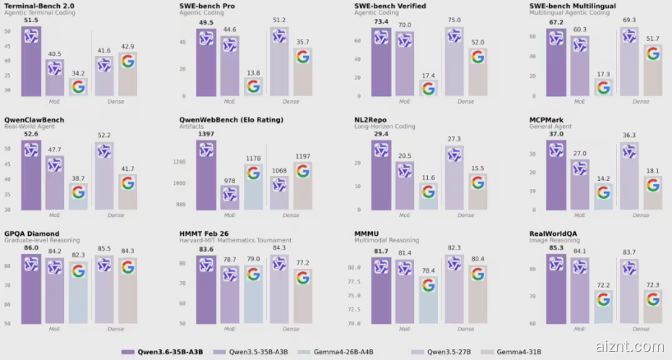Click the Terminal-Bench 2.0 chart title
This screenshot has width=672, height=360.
coord(39,5)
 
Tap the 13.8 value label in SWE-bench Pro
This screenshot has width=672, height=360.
coord(253,73)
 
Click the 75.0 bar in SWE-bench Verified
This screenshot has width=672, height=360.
coord(454,62)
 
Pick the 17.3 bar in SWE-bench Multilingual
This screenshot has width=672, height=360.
coord(604,87)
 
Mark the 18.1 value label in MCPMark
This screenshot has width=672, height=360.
coord(652,171)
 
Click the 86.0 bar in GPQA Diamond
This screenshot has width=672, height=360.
coord(31,288)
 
